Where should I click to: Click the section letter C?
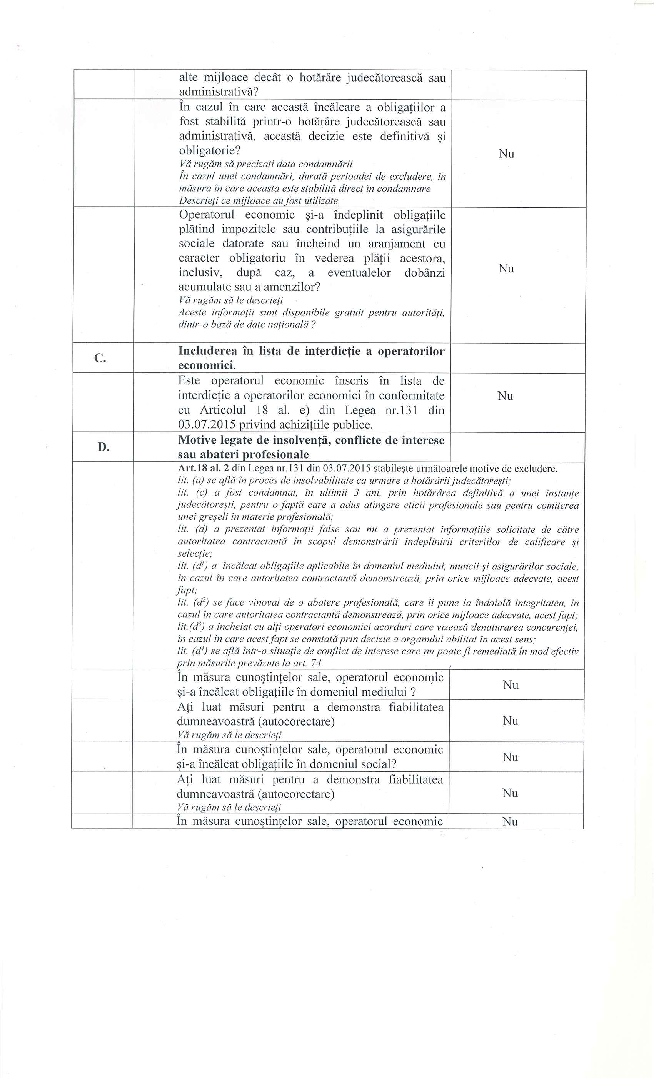pos(100,358)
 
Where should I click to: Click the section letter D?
pos(103,447)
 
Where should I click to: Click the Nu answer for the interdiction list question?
pos(505,396)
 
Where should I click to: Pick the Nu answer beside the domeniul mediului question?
pos(511,685)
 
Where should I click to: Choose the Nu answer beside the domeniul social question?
pos(510,757)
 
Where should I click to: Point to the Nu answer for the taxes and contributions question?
pos(506,269)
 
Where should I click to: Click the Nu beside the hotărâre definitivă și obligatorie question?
pos(506,154)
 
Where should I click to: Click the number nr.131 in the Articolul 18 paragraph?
pos(404,411)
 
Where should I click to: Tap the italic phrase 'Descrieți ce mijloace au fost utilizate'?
pos(259,201)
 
